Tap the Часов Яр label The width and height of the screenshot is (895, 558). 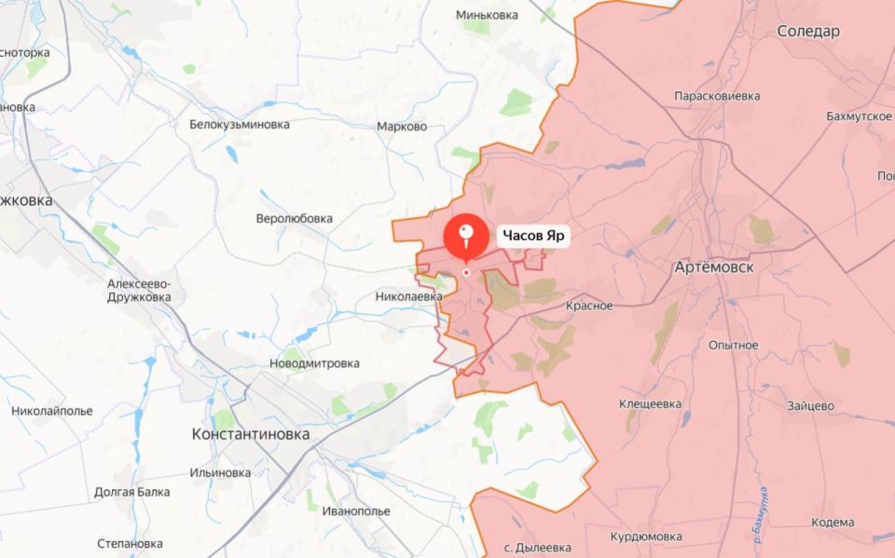(x=534, y=236)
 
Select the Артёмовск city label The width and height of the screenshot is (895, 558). (x=713, y=267)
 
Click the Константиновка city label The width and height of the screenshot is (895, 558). (x=250, y=434)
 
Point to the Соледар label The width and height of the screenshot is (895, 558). (x=808, y=32)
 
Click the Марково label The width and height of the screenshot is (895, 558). (x=402, y=127)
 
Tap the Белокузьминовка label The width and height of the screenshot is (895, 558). (x=240, y=124)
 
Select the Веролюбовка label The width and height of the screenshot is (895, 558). (x=294, y=219)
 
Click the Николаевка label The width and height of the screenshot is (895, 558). (x=408, y=296)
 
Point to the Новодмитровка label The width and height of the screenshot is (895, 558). (x=314, y=363)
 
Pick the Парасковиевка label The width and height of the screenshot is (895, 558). (x=717, y=96)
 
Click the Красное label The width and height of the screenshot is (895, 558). (x=589, y=306)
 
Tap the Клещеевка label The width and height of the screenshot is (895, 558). (x=651, y=403)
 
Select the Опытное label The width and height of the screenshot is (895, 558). (x=733, y=345)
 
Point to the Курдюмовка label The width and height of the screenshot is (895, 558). (x=645, y=538)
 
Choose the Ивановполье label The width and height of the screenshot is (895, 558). (x=355, y=511)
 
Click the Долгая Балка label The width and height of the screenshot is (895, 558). (x=131, y=492)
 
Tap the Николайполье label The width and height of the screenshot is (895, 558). (x=52, y=411)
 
